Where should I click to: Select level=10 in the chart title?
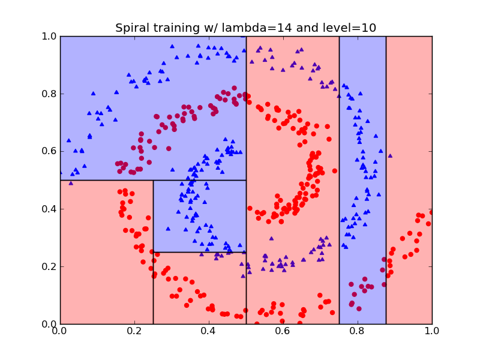click(x=349, y=28)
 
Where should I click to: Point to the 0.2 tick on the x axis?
click(x=134, y=331)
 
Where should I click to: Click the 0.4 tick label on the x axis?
click(x=209, y=331)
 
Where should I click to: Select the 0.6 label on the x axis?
click(x=283, y=331)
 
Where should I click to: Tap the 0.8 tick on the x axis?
click(x=358, y=331)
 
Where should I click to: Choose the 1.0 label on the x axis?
click(x=432, y=331)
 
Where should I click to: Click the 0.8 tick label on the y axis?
click(x=49, y=94)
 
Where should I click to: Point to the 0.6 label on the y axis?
click(x=49, y=151)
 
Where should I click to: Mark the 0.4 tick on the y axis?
click(x=49, y=209)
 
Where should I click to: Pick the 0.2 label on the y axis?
click(x=49, y=266)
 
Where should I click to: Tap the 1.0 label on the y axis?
click(x=49, y=37)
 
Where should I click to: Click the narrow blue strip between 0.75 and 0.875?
click(x=362, y=180)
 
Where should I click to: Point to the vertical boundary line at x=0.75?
click(x=339, y=180)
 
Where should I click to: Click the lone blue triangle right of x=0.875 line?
click(x=390, y=155)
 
